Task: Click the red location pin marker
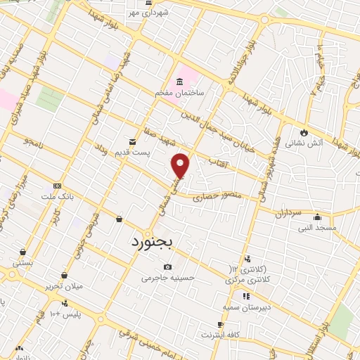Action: click(181, 165)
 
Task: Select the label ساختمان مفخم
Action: click(179, 93)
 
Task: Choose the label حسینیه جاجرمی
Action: click(167, 278)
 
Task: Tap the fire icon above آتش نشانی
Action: click(303, 131)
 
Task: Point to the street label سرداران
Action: click(288, 211)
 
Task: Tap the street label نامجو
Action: click(32, 142)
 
